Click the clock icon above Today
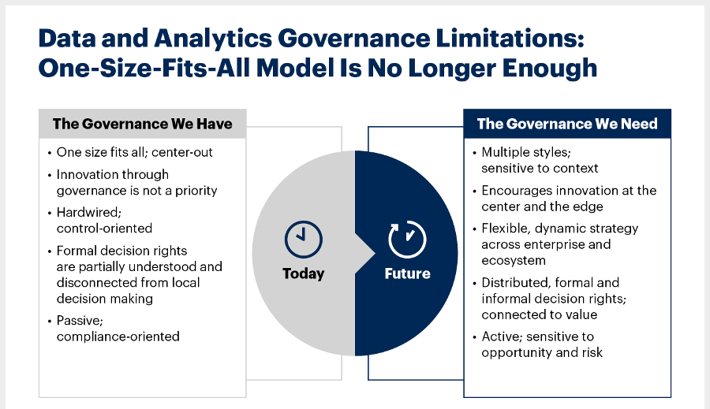[304, 240]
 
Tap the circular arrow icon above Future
[407, 240]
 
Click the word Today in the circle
[304, 273]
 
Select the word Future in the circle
[408, 273]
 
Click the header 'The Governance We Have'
[142, 124]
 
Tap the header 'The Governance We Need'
[567, 124]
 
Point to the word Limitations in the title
[510, 38]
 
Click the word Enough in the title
[550, 69]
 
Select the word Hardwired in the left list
[88, 212]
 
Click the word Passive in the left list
[80, 321]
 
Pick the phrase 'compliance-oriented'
[118, 336]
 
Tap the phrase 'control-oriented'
[104, 228]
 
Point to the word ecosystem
[514, 261]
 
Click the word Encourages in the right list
[517, 191]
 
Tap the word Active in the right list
[503, 336]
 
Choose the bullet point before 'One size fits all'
[50, 154]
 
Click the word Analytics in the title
[213, 38]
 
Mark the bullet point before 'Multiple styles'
[474, 154]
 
